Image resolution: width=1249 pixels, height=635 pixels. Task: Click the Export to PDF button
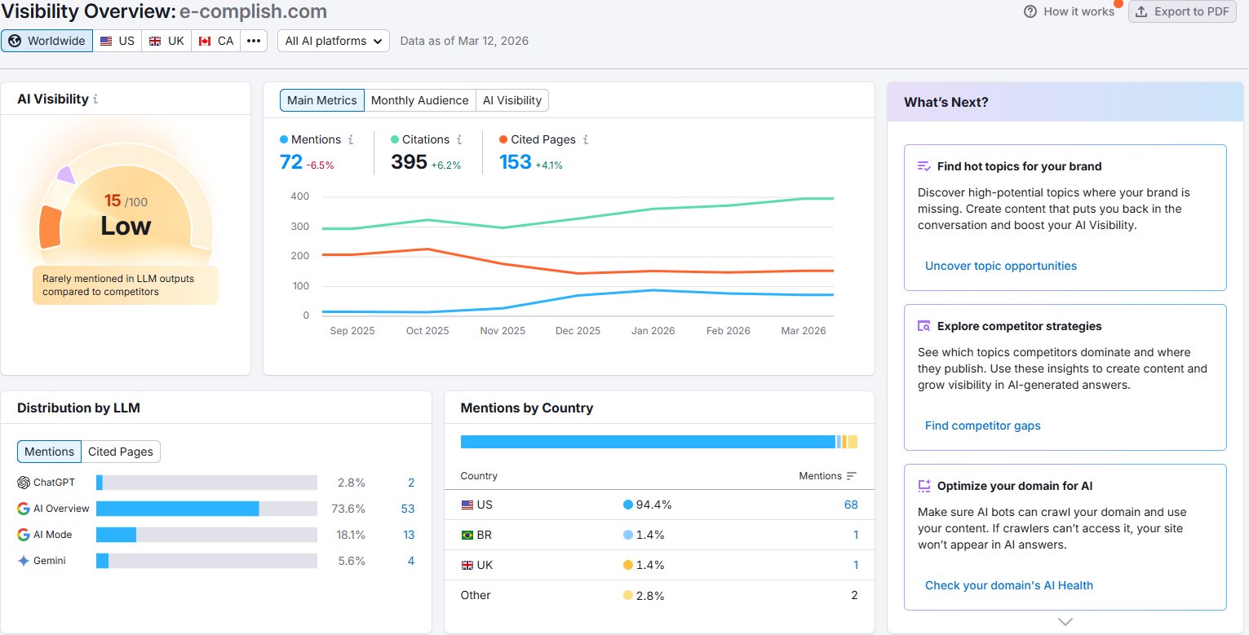click(1182, 11)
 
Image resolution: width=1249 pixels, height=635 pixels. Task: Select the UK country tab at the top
click(166, 41)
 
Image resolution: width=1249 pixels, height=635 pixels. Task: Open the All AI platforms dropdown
click(334, 41)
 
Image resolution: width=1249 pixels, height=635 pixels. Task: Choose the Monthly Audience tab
click(419, 100)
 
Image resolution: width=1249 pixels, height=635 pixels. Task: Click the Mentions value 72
click(290, 162)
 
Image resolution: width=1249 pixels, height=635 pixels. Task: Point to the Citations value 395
click(409, 162)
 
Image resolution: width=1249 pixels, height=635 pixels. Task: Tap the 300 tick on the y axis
click(300, 226)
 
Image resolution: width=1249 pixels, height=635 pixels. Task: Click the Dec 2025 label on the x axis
click(578, 331)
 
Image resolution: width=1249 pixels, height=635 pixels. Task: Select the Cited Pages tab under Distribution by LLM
click(121, 452)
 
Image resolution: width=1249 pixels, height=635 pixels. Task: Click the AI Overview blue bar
click(177, 509)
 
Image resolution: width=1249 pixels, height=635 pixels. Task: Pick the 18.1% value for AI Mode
click(351, 535)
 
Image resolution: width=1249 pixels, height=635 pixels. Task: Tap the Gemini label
click(50, 561)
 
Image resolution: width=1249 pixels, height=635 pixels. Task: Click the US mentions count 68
click(851, 505)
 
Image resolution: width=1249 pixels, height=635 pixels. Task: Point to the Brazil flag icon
click(467, 536)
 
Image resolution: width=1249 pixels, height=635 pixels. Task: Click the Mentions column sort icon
click(851, 476)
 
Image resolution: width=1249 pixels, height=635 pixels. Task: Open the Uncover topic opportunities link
click(1001, 267)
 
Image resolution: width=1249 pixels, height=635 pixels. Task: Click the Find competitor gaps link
click(982, 426)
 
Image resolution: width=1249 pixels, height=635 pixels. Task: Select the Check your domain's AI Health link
click(1008, 585)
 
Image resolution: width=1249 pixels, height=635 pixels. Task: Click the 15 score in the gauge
click(113, 201)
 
